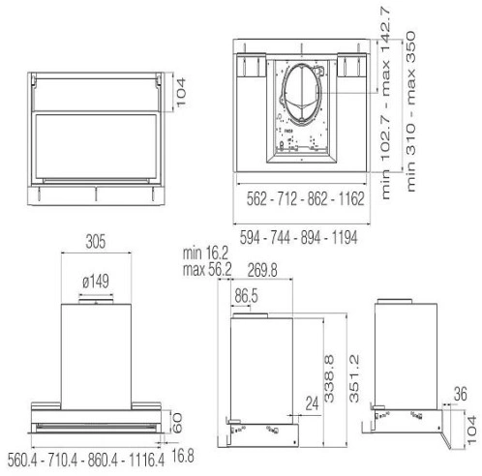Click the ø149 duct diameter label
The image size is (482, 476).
click(96, 282)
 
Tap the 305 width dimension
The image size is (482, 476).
click(96, 242)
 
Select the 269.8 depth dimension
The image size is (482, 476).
click(262, 270)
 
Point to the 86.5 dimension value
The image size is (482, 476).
click(246, 296)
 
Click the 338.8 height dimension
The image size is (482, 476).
click(329, 378)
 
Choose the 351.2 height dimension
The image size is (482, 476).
click(354, 378)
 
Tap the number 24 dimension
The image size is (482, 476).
click(312, 403)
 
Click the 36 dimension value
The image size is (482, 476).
click(461, 394)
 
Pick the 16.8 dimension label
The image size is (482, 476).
click(183, 456)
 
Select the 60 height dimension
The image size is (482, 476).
click(177, 423)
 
